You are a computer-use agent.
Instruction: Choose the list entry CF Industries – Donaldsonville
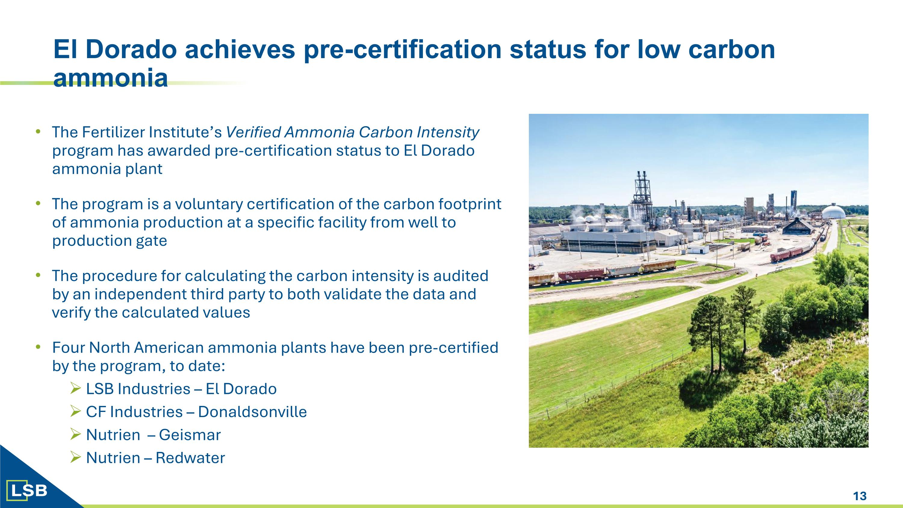coord(196,412)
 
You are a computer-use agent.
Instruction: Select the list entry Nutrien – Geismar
coord(153,435)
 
